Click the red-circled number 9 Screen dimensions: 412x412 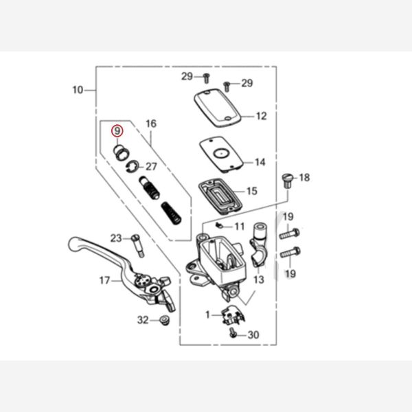point(117,130)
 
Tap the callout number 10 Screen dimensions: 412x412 point(78,90)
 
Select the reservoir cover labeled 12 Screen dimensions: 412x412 point(218,108)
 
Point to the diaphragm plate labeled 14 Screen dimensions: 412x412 point(221,154)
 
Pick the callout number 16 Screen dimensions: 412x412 point(151,124)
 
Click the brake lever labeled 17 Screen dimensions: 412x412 point(122,274)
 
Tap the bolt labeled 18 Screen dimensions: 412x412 point(288,181)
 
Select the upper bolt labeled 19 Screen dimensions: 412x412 point(290,233)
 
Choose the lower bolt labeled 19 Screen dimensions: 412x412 point(290,252)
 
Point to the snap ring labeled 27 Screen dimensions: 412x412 point(132,167)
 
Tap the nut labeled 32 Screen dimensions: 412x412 point(165,320)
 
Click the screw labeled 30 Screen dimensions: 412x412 point(233,332)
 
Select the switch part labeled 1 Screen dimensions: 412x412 point(233,314)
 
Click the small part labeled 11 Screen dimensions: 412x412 point(219,225)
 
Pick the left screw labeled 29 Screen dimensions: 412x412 point(207,78)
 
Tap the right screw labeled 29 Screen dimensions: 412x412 point(227,87)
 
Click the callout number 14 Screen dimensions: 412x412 point(260,162)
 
